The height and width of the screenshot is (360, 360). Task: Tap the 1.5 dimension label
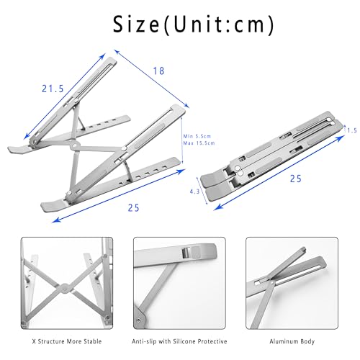[x=351, y=130]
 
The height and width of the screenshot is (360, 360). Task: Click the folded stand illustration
[x=274, y=155]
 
